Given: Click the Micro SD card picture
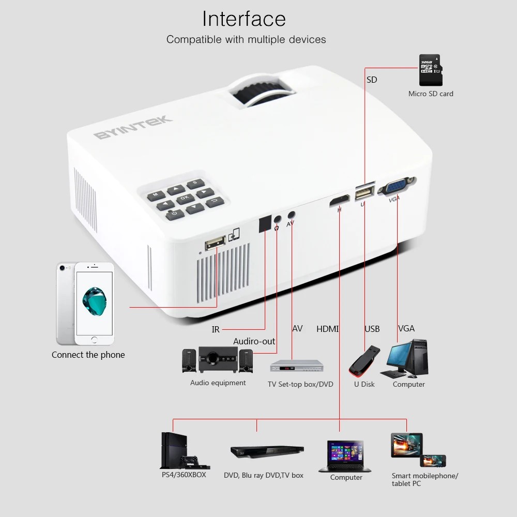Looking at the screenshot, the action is [x=431, y=70].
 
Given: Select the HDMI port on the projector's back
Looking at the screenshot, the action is [x=340, y=201].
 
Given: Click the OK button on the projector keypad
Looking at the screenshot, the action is [x=185, y=198].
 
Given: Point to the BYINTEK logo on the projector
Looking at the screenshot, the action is [x=133, y=127].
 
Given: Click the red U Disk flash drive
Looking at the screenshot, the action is [x=364, y=361].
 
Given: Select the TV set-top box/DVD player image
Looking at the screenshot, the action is [x=297, y=366].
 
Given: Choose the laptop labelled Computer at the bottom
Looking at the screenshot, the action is [x=345, y=457].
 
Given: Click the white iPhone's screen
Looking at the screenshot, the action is [x=94, y=303].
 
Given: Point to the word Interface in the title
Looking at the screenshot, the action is [x=244, y=19].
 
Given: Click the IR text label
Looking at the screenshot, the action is [x=216, y=329].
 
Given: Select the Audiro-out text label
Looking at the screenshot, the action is [x=254, y=341].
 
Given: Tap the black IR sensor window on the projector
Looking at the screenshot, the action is [x=265, y=223].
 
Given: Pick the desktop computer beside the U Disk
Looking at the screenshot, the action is [x=404, y=358].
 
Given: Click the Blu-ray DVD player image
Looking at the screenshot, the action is [x=267, y=452].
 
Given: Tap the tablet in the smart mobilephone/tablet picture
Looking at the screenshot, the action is [x=406, y=445].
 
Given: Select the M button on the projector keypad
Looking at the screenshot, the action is [x=156, y=195].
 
